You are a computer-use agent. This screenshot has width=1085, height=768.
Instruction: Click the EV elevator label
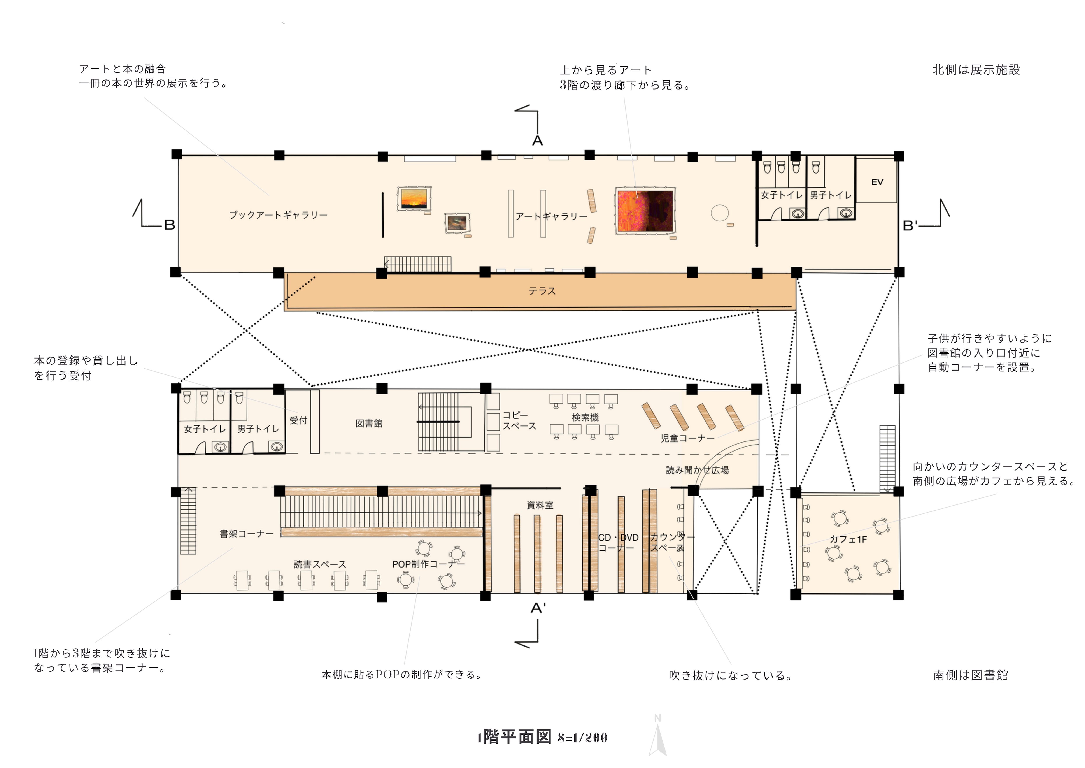877,182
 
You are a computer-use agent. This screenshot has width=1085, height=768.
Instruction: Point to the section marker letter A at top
538,141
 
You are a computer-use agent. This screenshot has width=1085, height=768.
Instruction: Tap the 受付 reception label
298,420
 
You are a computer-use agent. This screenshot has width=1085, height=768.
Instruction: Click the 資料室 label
540,505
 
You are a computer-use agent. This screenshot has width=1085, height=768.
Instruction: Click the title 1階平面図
514,737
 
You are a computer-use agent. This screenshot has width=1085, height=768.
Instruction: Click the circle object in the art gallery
720,213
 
